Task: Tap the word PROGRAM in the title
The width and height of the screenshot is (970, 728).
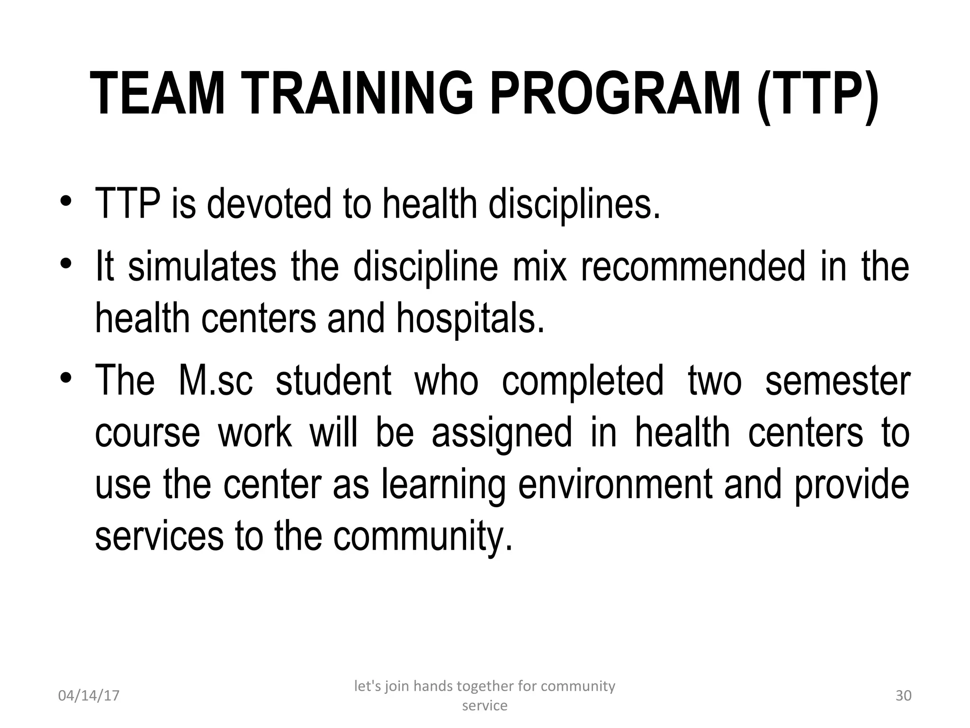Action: point(615,93)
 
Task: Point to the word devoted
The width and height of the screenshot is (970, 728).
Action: point(269,204)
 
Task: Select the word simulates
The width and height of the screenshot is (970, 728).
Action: point(202,266)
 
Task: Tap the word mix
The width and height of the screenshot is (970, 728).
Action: point(540,266)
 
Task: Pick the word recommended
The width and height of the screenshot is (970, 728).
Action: point(693,266)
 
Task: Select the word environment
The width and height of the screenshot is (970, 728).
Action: point(615,485)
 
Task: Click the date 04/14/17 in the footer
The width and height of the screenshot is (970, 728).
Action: point(89,696)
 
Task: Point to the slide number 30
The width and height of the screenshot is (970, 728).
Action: point(903,696)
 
